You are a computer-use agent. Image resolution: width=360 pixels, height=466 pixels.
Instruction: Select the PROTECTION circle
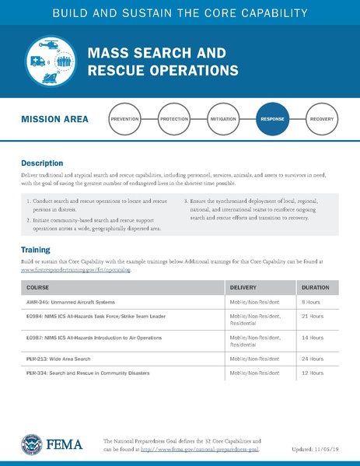pos(174,120)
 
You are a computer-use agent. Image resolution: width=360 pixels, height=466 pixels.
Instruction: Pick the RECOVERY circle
pos(322,120)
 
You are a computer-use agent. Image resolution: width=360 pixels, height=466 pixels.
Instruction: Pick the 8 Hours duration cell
pos(310,301)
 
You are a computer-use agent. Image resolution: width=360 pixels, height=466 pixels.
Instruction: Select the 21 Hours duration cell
pos(312,317)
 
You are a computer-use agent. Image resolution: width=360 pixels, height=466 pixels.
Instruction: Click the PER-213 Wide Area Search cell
pos(64,359)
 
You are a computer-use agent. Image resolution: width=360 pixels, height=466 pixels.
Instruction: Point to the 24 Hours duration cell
pos(312,359)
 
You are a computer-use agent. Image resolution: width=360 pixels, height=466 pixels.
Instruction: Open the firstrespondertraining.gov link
pos(75,271)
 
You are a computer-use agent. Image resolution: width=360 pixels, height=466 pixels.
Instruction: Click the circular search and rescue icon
pos(49,61)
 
